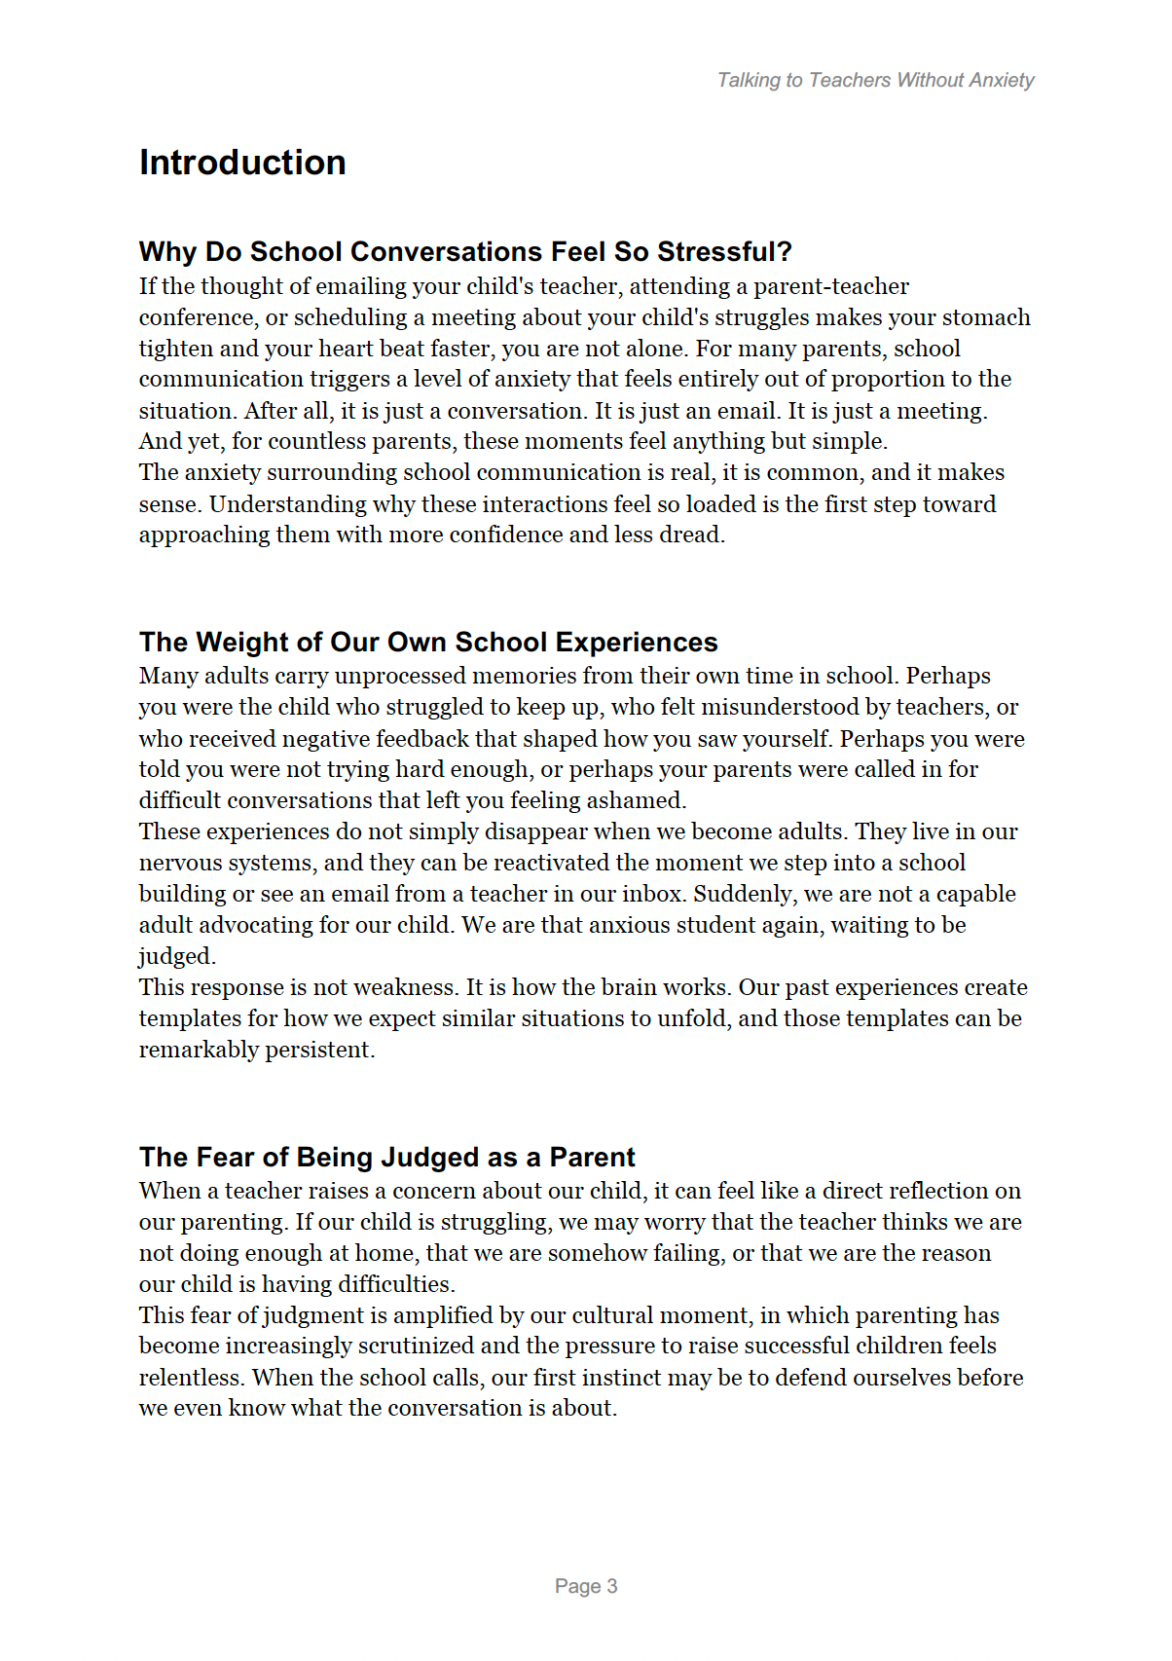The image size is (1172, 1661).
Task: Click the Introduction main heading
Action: click(242, 163)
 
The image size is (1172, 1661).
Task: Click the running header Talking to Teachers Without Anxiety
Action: click(875, 80)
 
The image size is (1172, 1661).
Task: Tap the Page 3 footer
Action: click(585, 1586)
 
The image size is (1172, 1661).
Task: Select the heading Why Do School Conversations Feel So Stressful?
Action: click(465, 252)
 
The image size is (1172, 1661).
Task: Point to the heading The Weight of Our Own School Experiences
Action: click(428, 643)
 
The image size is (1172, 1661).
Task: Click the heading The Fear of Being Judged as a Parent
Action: click(386, 1158)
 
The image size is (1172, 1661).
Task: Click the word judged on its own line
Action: click(175, 956)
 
